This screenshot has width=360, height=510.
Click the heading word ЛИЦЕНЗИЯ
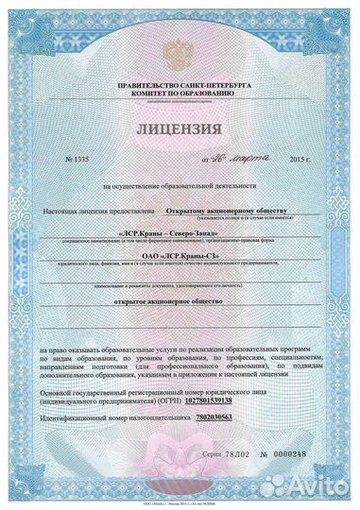pos(180,128)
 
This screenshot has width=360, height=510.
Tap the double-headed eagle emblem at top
pos(180,53)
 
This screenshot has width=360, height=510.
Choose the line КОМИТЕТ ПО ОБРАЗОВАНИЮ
pos(180,94)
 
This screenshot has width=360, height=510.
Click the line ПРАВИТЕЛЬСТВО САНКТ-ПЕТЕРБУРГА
pos(180,86)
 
